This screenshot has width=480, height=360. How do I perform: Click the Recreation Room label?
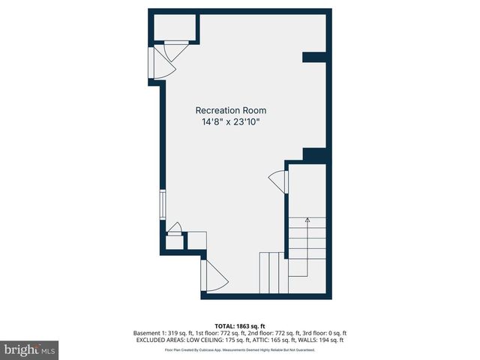click(231, 110)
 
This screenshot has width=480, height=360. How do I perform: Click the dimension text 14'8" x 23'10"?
click(231, 121)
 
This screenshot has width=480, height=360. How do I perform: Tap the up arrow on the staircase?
click(307, 221)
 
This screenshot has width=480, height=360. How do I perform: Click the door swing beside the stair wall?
click(278, 181)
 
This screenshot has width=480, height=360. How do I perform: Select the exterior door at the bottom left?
click(211, 277)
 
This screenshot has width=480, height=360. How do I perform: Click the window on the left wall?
click(162, 203)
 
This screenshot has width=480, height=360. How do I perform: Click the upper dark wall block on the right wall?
click(315, 57)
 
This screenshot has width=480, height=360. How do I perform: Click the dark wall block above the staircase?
click(315, 154)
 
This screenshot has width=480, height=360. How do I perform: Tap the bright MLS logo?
click(30, 349)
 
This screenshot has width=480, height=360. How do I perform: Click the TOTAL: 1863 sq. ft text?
click(240, 325)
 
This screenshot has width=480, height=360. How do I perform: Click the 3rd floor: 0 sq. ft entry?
click(322, 333)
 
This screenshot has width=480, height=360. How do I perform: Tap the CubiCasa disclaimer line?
click(240, 350)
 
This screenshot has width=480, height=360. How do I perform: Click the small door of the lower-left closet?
click(174, 228)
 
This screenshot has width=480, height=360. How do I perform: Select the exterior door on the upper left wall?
click(162, 64)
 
